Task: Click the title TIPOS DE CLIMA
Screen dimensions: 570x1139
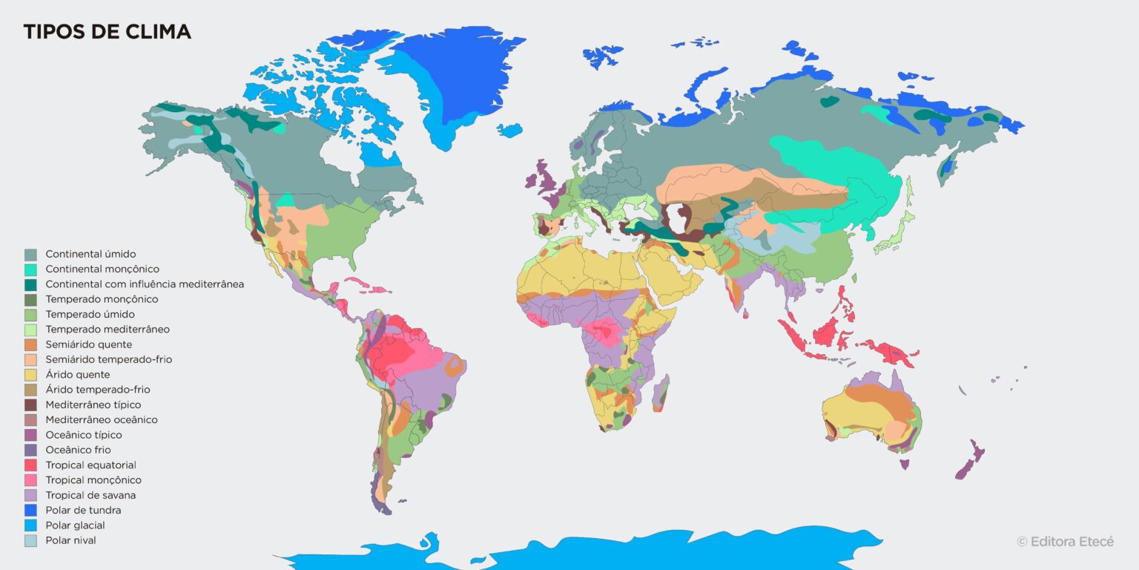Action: coord(107,32)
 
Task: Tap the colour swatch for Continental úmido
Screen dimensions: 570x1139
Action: coord(30,254)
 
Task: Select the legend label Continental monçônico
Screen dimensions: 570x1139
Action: coord(102,269)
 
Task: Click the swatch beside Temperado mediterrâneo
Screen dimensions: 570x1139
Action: coord(30,330)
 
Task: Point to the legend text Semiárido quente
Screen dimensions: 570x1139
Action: coord(89,344)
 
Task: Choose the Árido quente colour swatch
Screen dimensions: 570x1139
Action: coord(30,375)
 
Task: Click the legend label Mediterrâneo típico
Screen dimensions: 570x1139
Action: coord(93,404)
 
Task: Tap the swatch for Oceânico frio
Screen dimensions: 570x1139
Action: coord(30,450)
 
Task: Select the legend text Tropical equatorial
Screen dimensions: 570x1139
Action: coord(91,465)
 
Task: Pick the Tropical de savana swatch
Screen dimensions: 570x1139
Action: coord(30,495)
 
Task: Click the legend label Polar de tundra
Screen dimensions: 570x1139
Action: coord(83,510)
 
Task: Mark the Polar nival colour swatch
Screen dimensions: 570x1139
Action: coord(30,540)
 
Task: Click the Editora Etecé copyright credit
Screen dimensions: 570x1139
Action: coord(1065,542)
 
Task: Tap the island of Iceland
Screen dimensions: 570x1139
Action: coord(509,131)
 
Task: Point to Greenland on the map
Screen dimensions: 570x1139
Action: coord(452,82)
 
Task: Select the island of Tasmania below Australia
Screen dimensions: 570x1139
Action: coord(904,464)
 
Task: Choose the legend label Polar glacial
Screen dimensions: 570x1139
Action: coord(75,525)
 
